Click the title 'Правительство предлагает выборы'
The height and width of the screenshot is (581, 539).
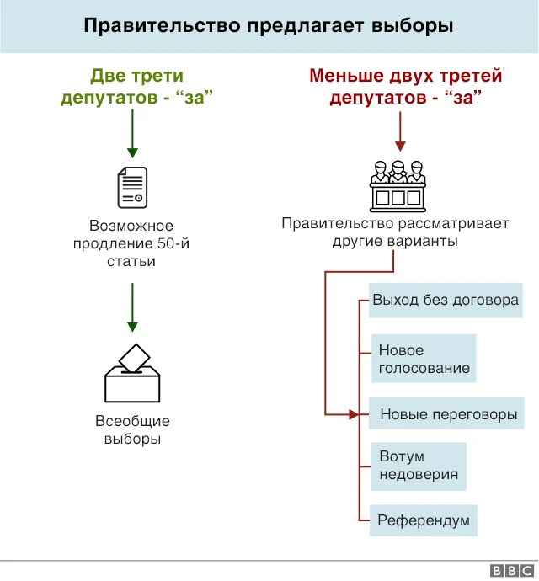(269, 26)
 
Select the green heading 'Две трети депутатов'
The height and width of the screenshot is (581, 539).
(134, 88)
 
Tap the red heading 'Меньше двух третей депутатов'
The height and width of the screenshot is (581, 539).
(405, 88)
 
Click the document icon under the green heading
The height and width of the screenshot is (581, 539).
(132, 188)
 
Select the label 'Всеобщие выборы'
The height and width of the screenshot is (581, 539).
(132, 429)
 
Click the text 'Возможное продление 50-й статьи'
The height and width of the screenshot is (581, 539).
(131, 243)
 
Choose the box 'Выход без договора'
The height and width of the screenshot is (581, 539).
(445, 301)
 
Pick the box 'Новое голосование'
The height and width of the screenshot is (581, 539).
(423, 360)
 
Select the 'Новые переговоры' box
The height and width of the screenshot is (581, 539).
(447, 414)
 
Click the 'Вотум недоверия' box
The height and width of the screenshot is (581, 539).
(418, 466)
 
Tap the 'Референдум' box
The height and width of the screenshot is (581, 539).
(423, 520)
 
